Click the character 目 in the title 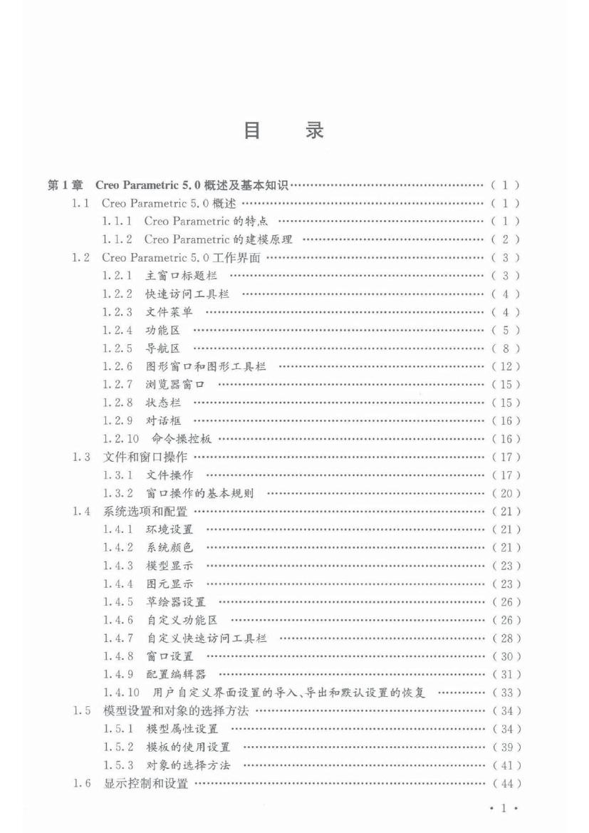coord(252,132)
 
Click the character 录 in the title coord(314,132)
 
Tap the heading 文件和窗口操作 coord(146,457)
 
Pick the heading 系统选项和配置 coord(146,512)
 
